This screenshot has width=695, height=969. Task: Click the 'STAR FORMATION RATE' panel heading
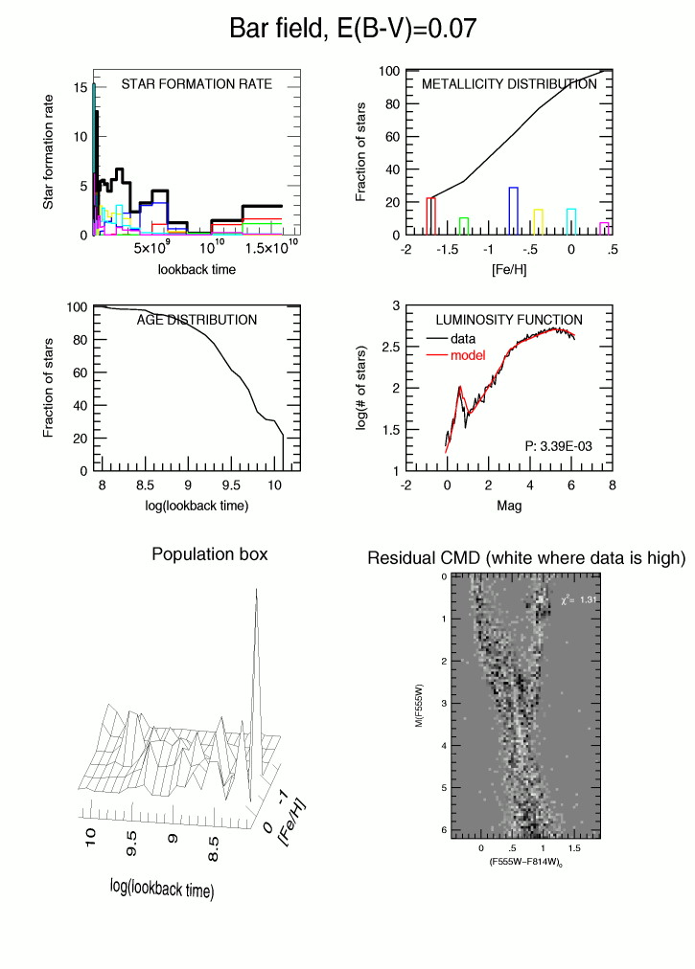coord(197,84)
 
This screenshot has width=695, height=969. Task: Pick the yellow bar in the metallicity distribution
coord(538,221)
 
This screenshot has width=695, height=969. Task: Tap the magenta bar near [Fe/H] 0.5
coord(605,229)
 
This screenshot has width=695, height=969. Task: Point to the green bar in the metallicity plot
coord(464,226)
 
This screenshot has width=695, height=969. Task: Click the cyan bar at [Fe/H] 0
coord(571,221)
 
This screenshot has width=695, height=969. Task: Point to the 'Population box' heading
coord(210,554)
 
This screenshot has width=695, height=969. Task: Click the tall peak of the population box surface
coord(256,596)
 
